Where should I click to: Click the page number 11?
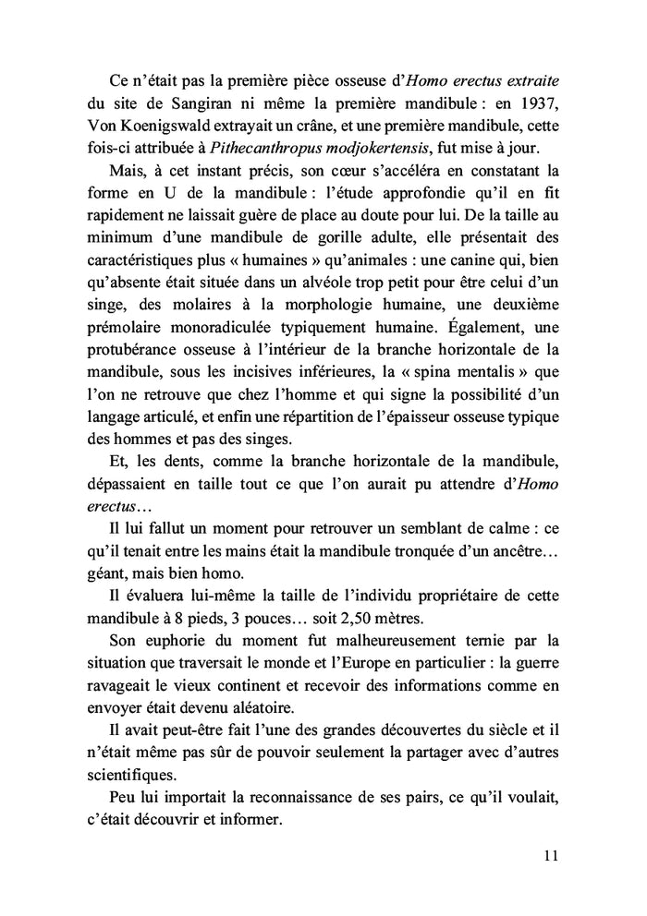[550, 854]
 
